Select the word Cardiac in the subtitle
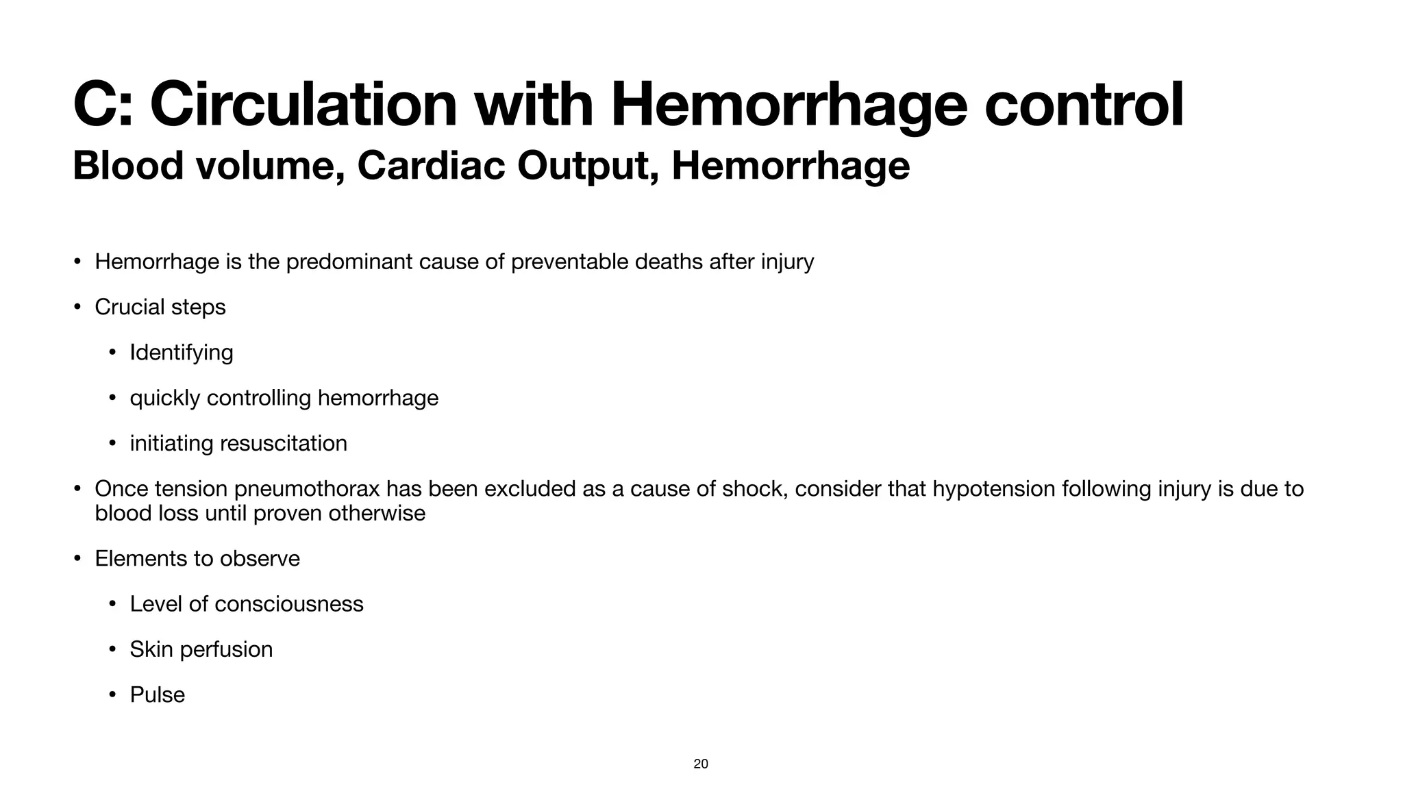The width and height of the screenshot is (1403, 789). tap(431, 166)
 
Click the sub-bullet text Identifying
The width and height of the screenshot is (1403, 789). tap(182, 353)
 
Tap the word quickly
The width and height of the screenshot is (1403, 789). tap(164, 398)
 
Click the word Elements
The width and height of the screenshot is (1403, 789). tap(142, 559)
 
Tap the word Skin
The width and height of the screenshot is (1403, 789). tap(151, 649)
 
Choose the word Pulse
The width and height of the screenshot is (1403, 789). tap(158, 694)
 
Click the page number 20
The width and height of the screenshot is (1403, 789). tap(701, 764)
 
